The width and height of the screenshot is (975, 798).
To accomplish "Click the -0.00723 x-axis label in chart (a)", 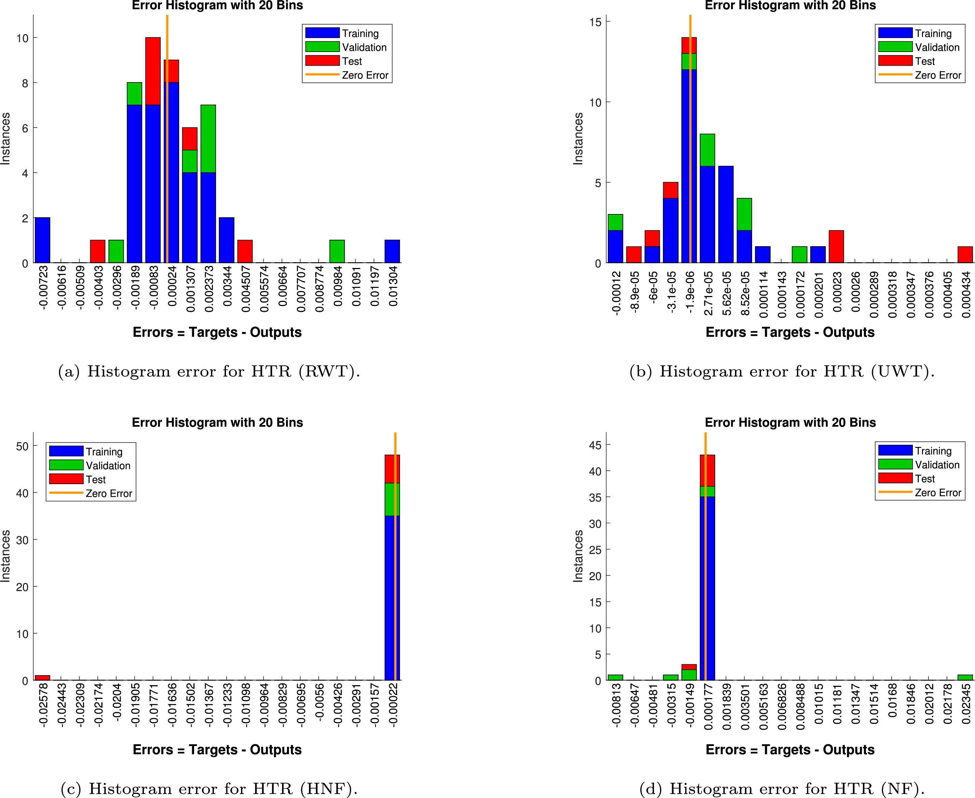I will coord(43,287).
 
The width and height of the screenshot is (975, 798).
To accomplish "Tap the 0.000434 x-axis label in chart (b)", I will coord(966,294).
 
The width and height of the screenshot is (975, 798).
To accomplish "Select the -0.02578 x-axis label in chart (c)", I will coord(43,704).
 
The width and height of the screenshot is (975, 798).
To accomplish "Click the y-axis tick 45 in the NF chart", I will coord(595,445).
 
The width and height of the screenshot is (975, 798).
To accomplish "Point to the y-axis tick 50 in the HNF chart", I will coord(22,446).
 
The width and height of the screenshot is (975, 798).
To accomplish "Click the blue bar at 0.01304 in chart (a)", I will coord(392,251).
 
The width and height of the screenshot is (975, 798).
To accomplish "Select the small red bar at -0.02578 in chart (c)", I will coord(42,678).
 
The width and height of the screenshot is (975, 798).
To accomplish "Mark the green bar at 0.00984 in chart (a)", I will coord(337,251).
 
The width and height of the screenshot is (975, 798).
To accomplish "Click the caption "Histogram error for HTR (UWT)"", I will coord(782,371).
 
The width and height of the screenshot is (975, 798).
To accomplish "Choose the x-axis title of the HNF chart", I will coord(217,750).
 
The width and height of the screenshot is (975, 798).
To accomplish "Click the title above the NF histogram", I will coord(790,423).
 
